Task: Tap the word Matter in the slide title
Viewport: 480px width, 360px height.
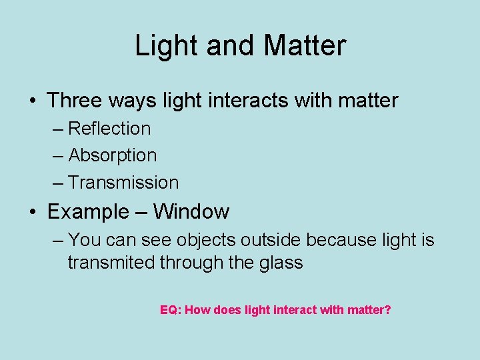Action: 305,46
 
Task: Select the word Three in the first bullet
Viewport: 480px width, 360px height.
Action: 73,101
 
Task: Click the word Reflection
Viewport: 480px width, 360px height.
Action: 109,128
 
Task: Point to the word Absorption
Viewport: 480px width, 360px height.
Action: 113,155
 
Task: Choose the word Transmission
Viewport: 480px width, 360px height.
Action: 123,183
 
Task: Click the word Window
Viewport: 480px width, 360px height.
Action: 191,212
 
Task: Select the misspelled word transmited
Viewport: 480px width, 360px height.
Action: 111,263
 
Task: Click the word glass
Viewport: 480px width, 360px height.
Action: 279,263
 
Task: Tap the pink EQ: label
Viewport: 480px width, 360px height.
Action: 171,310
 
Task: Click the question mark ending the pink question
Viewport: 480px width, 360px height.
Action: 387,310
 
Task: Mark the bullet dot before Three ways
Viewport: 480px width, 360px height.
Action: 33,101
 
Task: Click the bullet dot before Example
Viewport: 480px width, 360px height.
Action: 33,213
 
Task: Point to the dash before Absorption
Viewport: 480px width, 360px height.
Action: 59,156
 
